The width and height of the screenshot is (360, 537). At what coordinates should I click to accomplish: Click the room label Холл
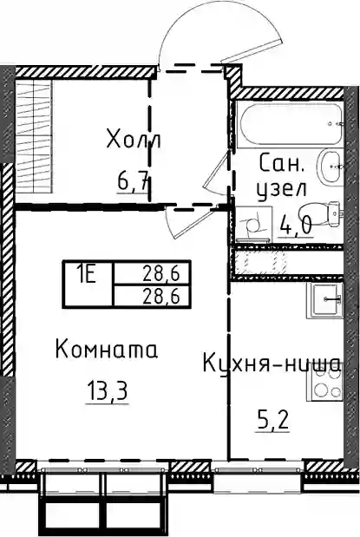tap(134, 139)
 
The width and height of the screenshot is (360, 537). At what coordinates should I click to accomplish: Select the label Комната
tap(107, 349)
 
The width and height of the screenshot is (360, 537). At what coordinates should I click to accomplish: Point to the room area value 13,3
tap(108, 391)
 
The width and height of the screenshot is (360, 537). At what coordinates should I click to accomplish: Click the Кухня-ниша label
tap(272, 363)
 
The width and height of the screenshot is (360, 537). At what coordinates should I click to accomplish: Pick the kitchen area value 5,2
tap(272, 422)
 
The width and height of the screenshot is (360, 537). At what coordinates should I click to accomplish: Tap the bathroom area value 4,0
tap(295, 225)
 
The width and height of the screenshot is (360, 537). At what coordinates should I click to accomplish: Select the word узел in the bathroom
tap(282, 189)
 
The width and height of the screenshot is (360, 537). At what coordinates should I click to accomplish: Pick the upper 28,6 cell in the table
tap(161, 273)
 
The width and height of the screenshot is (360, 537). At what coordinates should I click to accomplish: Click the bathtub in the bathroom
tap(291, 125)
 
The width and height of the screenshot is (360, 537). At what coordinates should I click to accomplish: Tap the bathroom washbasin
tap(331, 167)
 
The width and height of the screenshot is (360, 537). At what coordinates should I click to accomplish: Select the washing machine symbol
tap(254, 224)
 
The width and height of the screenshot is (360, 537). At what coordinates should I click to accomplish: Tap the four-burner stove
tap(325, 383)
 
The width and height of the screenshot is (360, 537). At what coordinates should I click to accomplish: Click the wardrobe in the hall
tap(34, 137)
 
